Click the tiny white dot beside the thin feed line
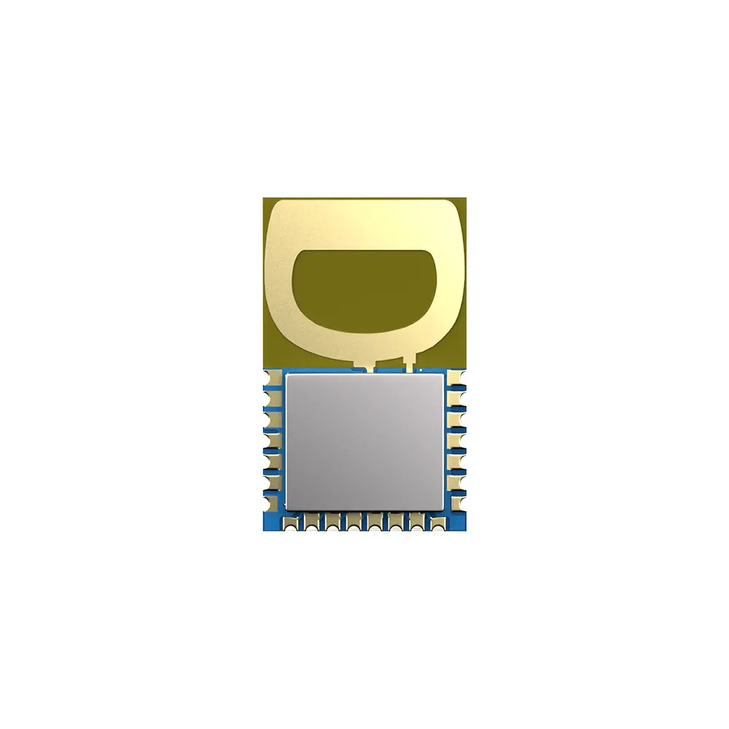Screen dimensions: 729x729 click(x=421, y=370)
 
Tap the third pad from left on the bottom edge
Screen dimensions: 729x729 click(x=333, y=522)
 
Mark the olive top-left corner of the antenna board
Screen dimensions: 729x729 click(x=268, y=201)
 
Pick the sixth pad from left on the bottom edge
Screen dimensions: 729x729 click(x=395, y=522)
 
